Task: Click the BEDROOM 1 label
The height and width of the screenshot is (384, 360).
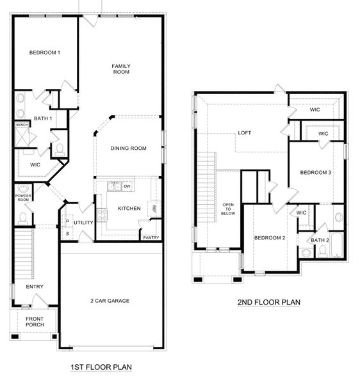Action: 45,52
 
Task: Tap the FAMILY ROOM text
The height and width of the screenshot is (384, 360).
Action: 121,69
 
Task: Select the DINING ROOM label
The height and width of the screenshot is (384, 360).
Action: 128,148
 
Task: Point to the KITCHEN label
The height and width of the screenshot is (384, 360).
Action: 129,209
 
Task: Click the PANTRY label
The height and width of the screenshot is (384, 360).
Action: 151,237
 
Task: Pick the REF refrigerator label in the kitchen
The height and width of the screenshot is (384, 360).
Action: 154,208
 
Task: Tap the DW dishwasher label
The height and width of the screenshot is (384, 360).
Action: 127,186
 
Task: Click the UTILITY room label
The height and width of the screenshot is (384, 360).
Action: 83,223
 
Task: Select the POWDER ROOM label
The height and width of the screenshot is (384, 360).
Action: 24,198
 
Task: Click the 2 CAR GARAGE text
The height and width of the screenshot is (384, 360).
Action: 110,300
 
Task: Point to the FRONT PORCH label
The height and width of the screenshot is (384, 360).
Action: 35,321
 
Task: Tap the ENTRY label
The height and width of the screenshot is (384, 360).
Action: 35,287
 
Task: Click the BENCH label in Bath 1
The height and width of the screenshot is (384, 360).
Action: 21,125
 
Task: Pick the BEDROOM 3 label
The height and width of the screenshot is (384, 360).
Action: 316,172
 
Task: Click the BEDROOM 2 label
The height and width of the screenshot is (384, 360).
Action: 269,238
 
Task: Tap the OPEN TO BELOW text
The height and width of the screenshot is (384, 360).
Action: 228,211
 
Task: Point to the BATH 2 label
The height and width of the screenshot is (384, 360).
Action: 320,240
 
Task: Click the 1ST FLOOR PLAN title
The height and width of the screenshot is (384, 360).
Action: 101,367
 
